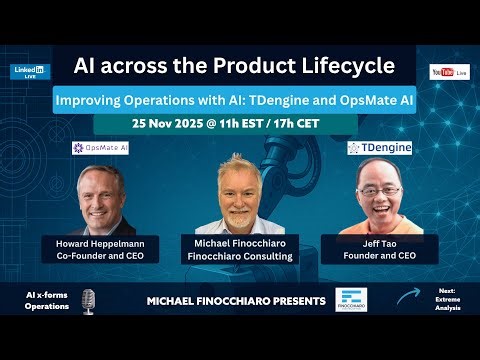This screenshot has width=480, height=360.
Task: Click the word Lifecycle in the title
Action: (x=346, y=67)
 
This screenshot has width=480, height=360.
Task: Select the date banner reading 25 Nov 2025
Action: (x=225, y=124)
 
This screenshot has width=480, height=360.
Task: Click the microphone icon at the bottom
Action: (x=88, y=300)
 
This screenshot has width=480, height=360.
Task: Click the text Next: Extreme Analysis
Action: (x=446, y=300)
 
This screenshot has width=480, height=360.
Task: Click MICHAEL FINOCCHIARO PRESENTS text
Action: (x=236, y=301)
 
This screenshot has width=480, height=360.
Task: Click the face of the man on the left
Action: (x=100, y=196)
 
